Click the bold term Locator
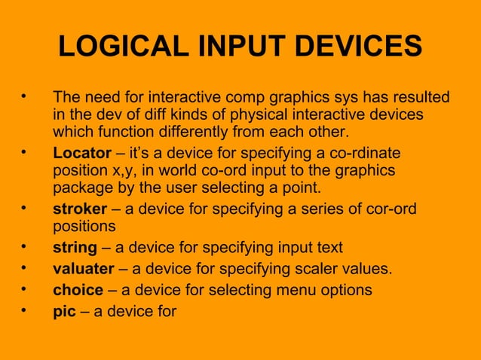tap(81, 153)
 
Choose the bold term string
tap(75, 248)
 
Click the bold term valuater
tap(83, 269)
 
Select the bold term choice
tap(78, 290)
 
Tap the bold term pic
tap(64, 310)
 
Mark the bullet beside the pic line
tap(26, 309)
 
